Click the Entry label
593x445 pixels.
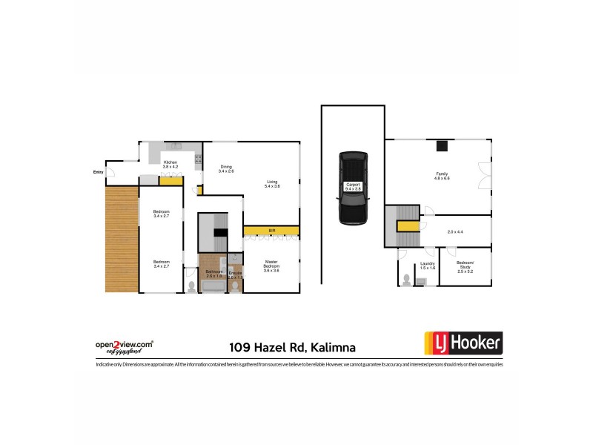pyautogui.click(x=98, y=172)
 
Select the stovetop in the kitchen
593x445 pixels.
pyautogui.click(x=199, y=156)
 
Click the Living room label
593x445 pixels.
pyautogui.click(x=272, y=183)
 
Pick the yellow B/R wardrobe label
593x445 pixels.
pyautogui.click(x=271, y=231)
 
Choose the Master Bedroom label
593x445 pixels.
pyautogui.click(x=271, y=265)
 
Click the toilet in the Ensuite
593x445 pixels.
pyautogui.click(x=236, y=286)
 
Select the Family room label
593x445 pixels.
pyautogui.click(x=443, y=177)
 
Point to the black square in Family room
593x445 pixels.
pyautogui.click(x=442, y=145)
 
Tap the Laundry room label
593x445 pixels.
pyautogui.click(x=427, y=265)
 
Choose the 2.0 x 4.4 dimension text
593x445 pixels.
pyautogui.click(x=455, y=232)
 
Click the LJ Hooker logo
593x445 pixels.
pyautogui.click(x=463, y=343)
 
